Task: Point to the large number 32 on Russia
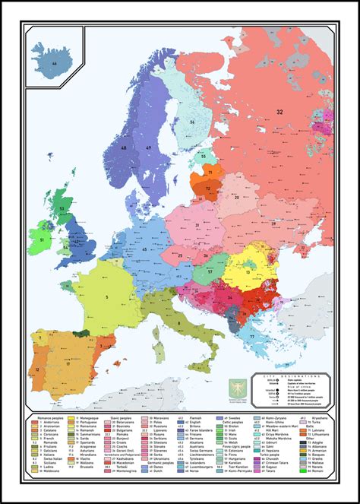point(279,112)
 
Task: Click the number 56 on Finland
point(192,122)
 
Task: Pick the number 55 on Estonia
point(203,157)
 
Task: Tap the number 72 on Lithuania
point(208,188)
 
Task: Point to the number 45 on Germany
point(143,249)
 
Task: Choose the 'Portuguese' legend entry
point(85,424)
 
